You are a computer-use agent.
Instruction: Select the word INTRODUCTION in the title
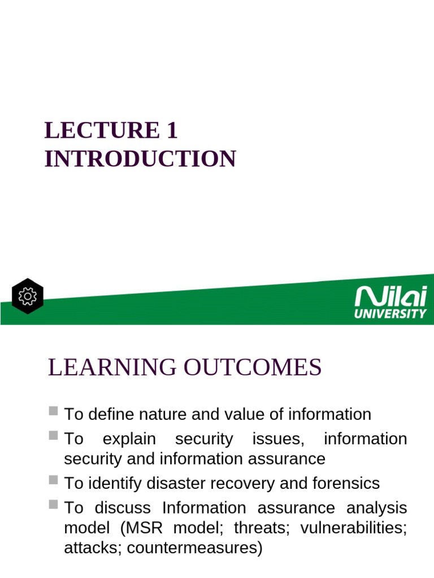[140, 159]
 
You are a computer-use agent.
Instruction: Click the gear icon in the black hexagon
[27, 296]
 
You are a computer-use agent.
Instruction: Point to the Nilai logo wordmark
[390, 297]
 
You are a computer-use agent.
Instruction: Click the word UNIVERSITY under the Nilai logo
[390, 313]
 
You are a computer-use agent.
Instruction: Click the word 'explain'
[129, 439]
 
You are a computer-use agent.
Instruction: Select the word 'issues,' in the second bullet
[278, 439]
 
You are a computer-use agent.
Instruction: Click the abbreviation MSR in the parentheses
[138, 528]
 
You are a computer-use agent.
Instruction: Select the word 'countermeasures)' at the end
[196, 548]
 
